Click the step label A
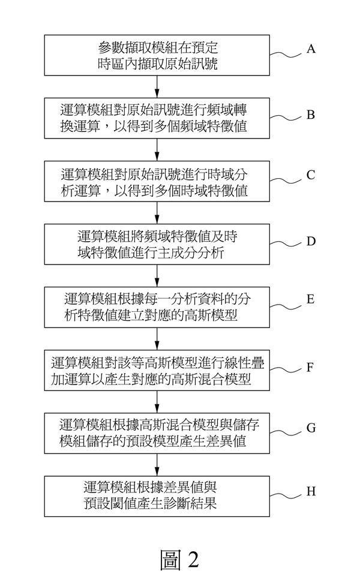pyautogui.click(x=311, y=49)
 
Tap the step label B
pyautogui.click(x=311, y=114)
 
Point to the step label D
pyautogui.click(x=311, y=242)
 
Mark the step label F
pyautogui.click(x=311, y=367)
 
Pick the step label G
pyautogui.click(x=311, y=427)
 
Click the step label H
pyautogui.click(x=311, y=491)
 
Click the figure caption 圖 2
pyautogui.click(x=179, y=558)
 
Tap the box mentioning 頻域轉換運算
pyautogui.click(x=157, y=119)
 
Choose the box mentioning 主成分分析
pyautogui.click(x=157, y=244)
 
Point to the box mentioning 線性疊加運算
pyautogui.click(x=157, y=371)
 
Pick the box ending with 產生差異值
pyautogui.click(x=157, y=434)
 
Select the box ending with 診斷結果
pyautogui.click(x=157, y=495)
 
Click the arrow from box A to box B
pyautogui.click(x=157, y=88)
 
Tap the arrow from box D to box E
pyautogui.click(x=157, y=275)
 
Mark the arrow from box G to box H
pyautogui.click(x=157, y=464)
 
